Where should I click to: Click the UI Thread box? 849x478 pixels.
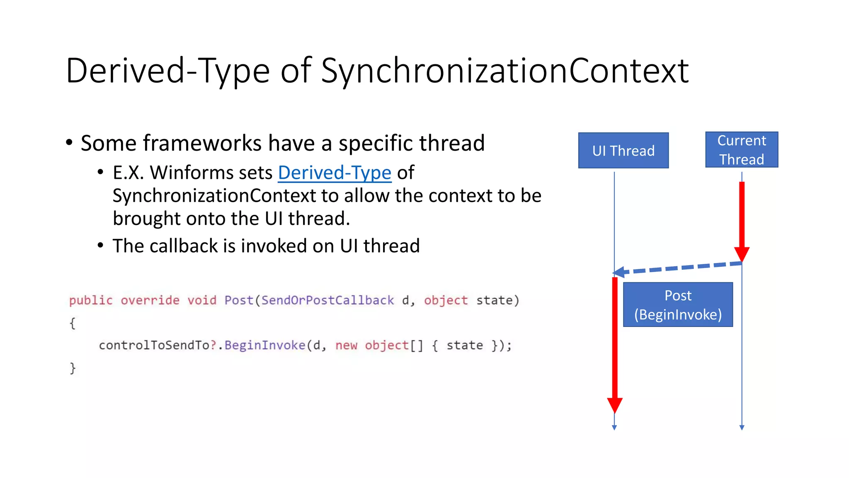(x=623, y=150)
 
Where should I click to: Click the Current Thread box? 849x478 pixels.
(x=742, y=150)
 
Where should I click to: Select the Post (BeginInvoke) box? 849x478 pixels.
(x=678, y=305)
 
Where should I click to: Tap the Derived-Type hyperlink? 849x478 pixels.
(x=335, y=173)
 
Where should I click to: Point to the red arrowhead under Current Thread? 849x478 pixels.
(x=742, y=254)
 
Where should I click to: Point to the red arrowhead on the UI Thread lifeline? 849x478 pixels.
(x=614, y=405)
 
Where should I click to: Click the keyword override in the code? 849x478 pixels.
(x=150, y=300)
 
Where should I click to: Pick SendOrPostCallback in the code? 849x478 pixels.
(x=327, y=300)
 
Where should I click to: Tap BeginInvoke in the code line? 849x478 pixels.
(x=264, y=345)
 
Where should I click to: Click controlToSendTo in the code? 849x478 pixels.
(x=154, y=345)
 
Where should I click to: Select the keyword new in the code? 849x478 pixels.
(x=346, y=345)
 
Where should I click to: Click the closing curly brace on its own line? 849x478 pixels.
(x=73, y=368)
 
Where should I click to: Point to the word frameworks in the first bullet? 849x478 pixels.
(x=202, y=143)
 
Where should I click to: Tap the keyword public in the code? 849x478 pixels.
(x=91, y=300)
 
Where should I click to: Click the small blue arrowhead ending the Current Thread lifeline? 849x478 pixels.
(x=742, y=427)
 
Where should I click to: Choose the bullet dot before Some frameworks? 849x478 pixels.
(x=69, y=143)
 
